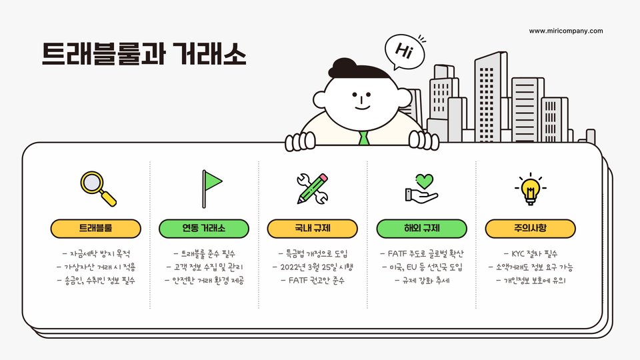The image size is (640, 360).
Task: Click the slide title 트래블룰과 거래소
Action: (144, 53)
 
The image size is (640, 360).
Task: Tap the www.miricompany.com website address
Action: (566, 31)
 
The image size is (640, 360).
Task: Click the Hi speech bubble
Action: (403, 51)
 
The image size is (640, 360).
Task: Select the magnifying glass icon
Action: (97, 188)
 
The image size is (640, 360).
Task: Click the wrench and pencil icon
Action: (313, 188)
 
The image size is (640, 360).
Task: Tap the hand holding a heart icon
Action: (421, 188)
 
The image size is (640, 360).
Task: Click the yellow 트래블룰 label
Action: (96, 229)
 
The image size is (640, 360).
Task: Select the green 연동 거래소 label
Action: (204, 229)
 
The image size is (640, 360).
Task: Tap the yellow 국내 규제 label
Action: (313, 229)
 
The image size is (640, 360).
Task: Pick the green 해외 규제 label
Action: (421, 229)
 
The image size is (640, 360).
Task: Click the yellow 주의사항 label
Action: (530, 229)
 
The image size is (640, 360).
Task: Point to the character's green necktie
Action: (363, 138)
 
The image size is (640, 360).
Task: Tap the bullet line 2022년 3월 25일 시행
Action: (313, 267)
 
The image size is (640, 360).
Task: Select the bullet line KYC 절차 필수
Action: (530, 254)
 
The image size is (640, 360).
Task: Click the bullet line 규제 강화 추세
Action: (421, 281)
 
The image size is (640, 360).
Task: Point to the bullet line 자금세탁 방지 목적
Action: (96, 254)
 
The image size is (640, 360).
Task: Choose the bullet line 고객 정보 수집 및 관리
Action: (204, 267)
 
